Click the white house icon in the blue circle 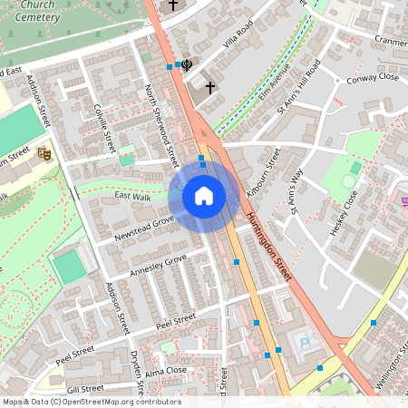tap(204, 195)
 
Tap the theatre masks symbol tap(42, 154)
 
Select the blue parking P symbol tap(305, 344)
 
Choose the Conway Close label tap(373, 79)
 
